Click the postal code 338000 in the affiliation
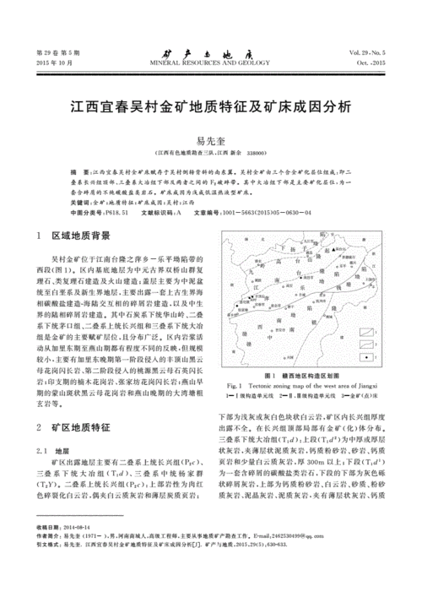[x=250, y=153]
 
